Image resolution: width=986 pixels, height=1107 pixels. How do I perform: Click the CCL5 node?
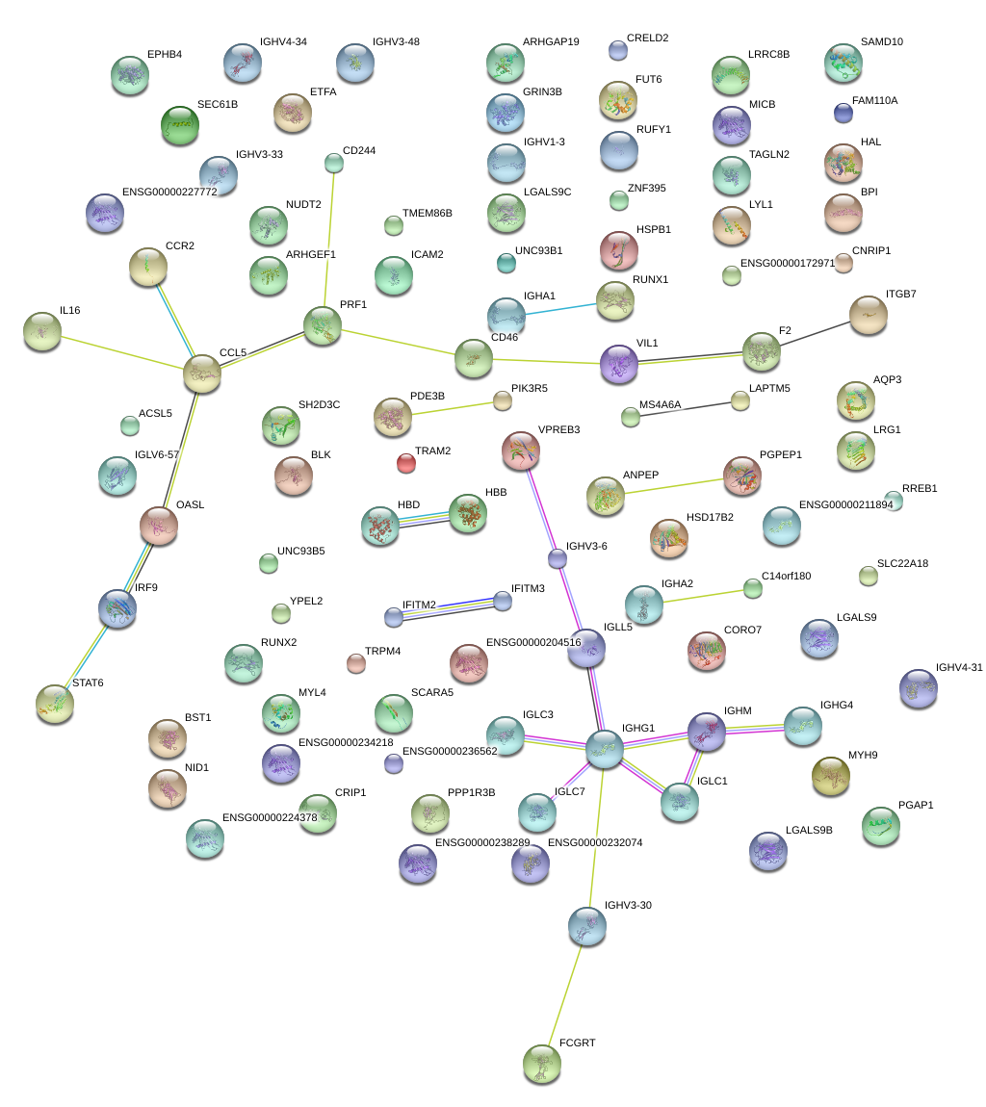(202, 373)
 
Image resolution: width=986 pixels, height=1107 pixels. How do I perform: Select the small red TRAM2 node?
(406, 463)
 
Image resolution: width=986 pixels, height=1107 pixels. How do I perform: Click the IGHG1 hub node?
(605, 748)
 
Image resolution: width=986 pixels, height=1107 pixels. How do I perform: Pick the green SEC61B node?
(179, 124)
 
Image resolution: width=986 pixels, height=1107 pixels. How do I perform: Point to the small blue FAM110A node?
(843, 113)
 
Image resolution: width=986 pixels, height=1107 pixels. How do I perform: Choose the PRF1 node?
(322, 325)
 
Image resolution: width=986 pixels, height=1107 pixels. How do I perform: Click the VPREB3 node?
(521, 450)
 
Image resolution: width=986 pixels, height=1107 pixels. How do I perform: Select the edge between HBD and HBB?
(424, 518)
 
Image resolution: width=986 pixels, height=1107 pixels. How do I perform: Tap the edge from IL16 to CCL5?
(120, 350)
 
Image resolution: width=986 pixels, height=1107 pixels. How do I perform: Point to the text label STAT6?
(88, 682)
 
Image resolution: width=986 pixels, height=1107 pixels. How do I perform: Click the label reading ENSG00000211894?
(846, 504)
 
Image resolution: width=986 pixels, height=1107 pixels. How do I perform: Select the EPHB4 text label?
(165, 54)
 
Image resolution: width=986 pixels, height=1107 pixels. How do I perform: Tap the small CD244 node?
(333, 163)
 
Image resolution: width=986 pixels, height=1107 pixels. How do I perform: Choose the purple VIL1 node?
(618, 363)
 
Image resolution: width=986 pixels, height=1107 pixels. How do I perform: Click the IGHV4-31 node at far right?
(918, 687)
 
